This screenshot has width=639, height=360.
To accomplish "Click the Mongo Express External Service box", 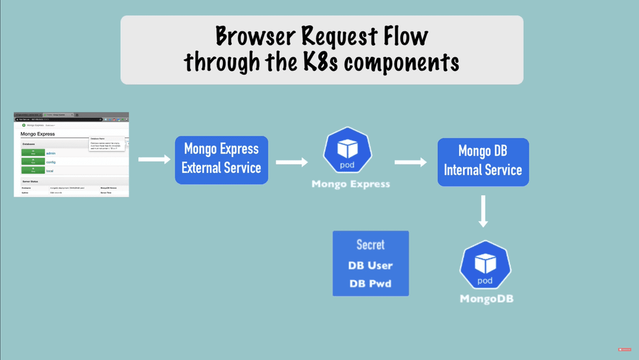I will click(x=221, y=159).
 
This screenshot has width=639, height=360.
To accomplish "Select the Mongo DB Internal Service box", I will click(x=483, y=162).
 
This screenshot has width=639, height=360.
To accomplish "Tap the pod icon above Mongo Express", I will click(x=347, y=150).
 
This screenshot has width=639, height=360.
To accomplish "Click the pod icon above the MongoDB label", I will click(x=485, y=265).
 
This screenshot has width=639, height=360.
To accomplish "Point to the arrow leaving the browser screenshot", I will click(x=154, y=159).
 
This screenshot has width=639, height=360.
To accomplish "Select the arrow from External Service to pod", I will click(x=292, y=162).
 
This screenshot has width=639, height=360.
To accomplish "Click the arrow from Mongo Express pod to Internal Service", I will click(x=411, y=162).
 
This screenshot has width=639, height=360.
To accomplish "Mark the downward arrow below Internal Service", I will click(x=483, y=211).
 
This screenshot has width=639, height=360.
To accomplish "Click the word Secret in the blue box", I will click(x=370, y=245).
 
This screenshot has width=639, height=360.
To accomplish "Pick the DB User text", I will click(x=370, y=265).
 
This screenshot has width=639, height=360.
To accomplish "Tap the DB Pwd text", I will click(x=370, y=284).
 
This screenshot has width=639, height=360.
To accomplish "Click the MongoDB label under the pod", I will click(x=486, y=299).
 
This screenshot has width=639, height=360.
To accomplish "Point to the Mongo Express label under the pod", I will click(x=351, y=184).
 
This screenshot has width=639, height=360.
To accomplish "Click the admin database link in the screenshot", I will click(x=51, y=153).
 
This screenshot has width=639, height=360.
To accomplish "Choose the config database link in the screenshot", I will click(x=51, y=162).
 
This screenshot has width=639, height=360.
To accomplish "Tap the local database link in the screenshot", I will click(x=50, y=171).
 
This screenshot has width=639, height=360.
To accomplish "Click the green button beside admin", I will click(x=33, y=153).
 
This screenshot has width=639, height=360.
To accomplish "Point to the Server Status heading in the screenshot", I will click(x=30, y=181).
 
